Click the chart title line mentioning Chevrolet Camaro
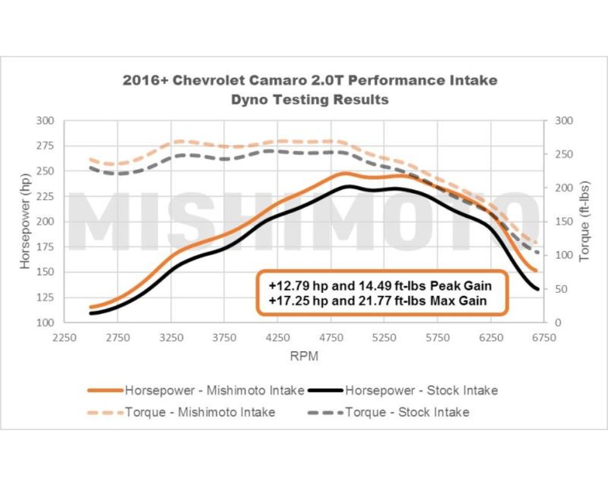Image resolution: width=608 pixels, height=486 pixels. (x=309, y=80)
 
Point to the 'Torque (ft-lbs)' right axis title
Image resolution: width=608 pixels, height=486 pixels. (x=584, y=221)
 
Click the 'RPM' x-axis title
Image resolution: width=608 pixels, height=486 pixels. (x=303, y=356)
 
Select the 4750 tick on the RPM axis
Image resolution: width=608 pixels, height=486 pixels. (x=331, y=338)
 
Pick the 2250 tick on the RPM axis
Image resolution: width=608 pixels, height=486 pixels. (x=64, y=338)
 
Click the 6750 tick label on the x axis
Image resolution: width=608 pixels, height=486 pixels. (x=544, y=338)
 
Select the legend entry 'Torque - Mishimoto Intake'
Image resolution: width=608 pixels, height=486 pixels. (x=200, y=412)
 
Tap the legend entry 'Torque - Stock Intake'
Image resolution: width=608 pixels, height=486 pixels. (x=407, y=412)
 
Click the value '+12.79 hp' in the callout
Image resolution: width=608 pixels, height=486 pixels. (x=291, y=285)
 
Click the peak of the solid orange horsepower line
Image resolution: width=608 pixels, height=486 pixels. (x=344, y=174)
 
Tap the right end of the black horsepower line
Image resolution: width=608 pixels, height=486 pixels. (x=538, y=289)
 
